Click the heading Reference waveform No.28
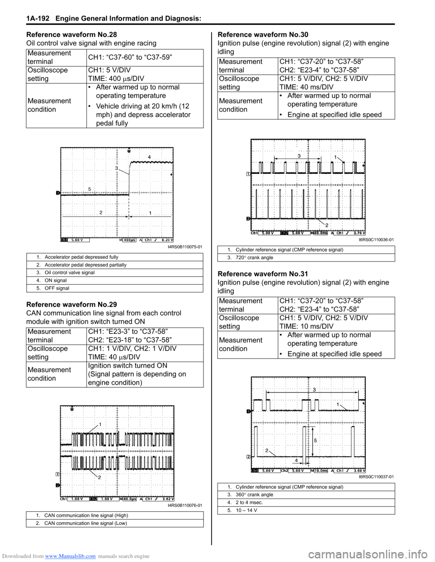click(x=72, y=34)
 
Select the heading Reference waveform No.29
click(x=72, y=305)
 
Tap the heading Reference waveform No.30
click(x=263, y=34)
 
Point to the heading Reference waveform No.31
click(x=263, y=274)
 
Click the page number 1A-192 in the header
click(x=38, y=19)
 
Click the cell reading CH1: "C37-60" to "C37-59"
click(x=130, y=57)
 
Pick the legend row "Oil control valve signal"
click(x=70, y=273)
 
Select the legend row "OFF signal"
click(x=57, y=288)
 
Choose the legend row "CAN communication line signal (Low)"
click(x=86, y=524)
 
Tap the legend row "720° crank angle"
click(x=254, y=258)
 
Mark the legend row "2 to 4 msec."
click(x=249, y=503)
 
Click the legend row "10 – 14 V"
click(x=246, y=510)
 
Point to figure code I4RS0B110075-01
click(x=185, y=247)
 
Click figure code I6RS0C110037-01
click(x=376, y=477)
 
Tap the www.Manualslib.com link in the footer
click(x=70, y=556)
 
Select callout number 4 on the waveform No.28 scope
click(x=149, y=157)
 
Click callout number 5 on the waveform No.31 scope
click(x=315, y=440)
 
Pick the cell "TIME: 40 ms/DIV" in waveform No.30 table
click(x=306, y=87)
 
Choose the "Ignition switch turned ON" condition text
click(x=128, y=366)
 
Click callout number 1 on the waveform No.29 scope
click(x=100, y=424)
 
